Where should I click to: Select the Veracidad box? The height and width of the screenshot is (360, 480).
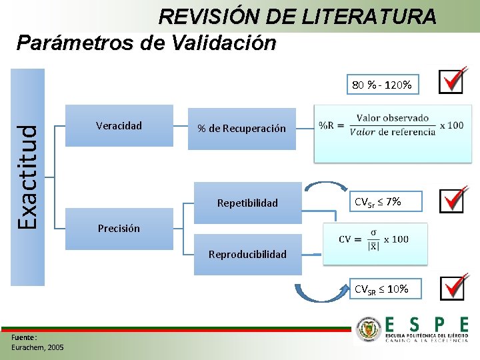point(119,125)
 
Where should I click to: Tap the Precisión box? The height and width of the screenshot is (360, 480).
point(119,229)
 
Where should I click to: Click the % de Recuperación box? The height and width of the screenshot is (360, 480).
point(241,129)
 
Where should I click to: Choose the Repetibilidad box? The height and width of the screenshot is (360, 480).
point(247,203)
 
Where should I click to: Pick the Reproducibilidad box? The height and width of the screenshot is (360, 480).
point(247,254)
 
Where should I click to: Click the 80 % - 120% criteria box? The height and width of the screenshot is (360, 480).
point(382,85)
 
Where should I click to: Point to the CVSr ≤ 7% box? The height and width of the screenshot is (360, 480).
point(385,201)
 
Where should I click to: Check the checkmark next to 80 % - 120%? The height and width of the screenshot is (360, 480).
point(452,82)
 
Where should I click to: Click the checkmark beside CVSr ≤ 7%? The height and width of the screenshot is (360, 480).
point(452,200)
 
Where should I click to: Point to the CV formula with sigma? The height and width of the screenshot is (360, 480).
point(374,239)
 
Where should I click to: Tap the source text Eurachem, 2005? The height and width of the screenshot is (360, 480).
point(38,347)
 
